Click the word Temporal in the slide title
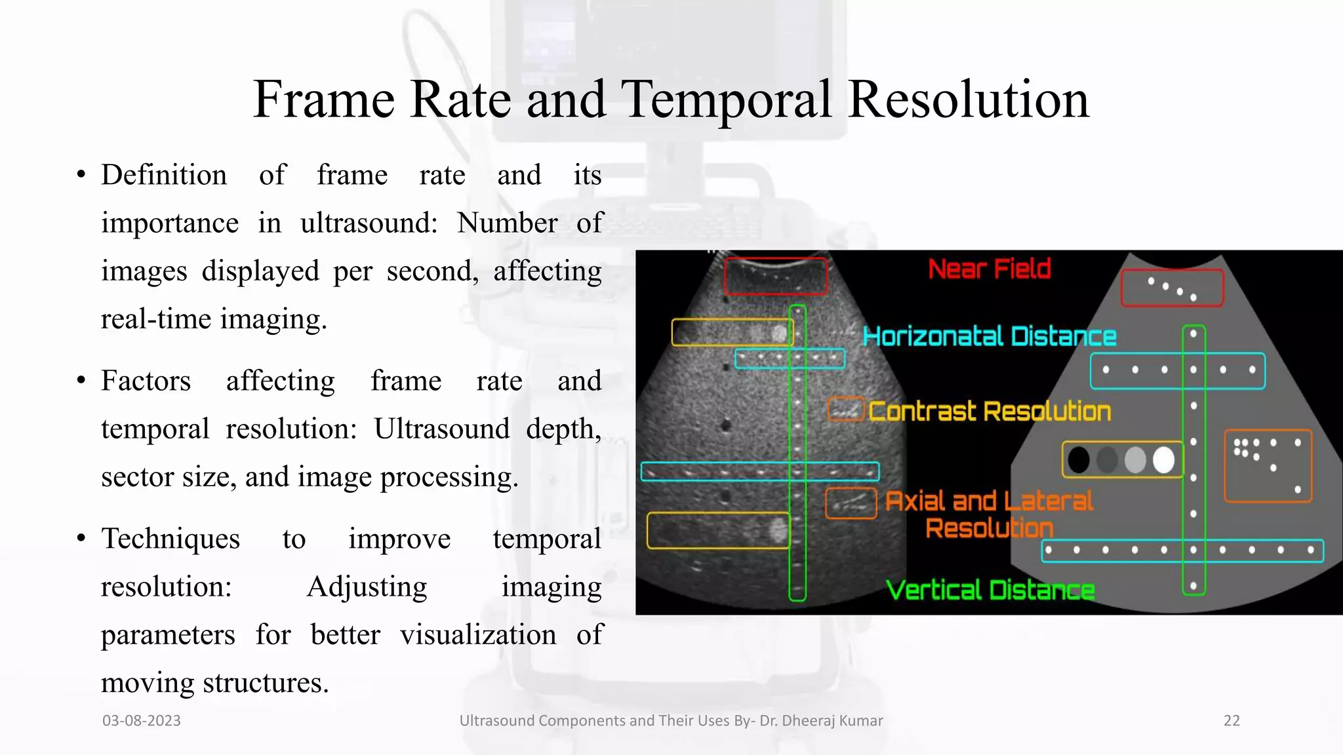tap(727, 100)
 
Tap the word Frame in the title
tap(324, 100)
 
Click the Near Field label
tap(990, 269)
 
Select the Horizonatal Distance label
tap(989, 336)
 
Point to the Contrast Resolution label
tap(990, 412)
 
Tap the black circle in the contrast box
tap(1079, 459)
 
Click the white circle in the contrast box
tap(1163, 459)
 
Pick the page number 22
tap(1232, 721)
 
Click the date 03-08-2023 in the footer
tap(142, 721)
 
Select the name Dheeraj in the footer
tap(810, 721)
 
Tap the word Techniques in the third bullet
tap(170, 539)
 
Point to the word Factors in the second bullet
tap(146, 381)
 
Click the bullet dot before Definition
tap(81, 175)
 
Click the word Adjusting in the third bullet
tap(367, 587)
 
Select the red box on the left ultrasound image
tap(775, 277)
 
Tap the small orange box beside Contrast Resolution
tap(846, 410)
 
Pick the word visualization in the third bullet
tap(478, 634)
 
